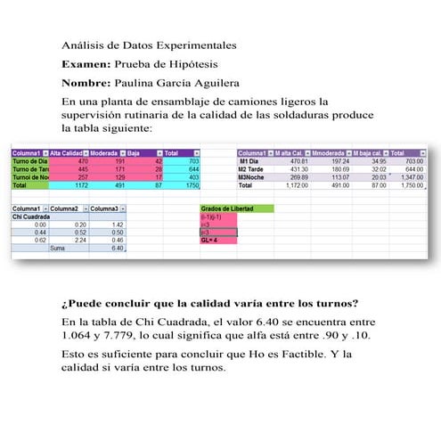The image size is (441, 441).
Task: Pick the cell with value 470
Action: pyautogui.click(x=83, y=161)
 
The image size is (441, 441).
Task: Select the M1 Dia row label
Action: pyautogui.click(x=251, y=161)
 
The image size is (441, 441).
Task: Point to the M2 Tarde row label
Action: pyautogui.click(x=255, y=169)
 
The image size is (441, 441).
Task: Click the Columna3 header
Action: pyautogui.click(x=106, y=208)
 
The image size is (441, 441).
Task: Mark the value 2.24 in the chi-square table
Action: pyautogui.click(x=80, y=240)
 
